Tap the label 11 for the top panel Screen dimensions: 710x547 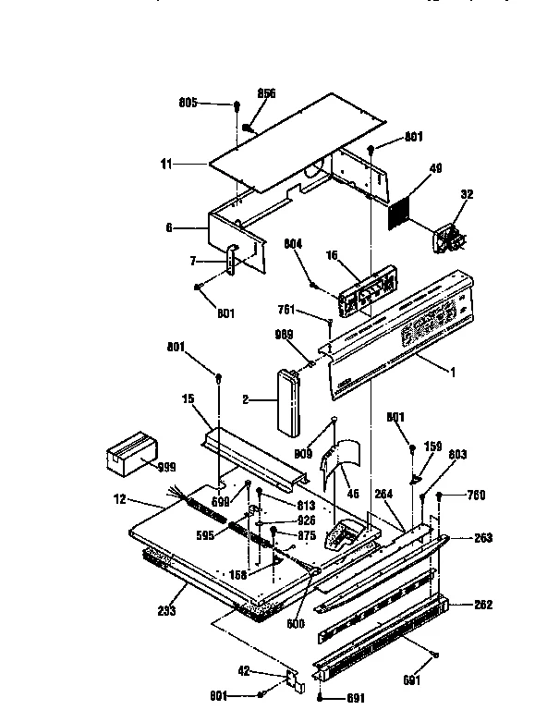[x=166, y=164]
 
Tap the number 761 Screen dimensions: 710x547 [x=289, y=312]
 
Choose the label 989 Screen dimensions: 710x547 [x=286, y=335]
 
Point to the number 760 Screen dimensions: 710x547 [x=476, y=495]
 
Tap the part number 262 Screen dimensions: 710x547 [x=482, y=606]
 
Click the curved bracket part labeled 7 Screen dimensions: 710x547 [x=230, y=259]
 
